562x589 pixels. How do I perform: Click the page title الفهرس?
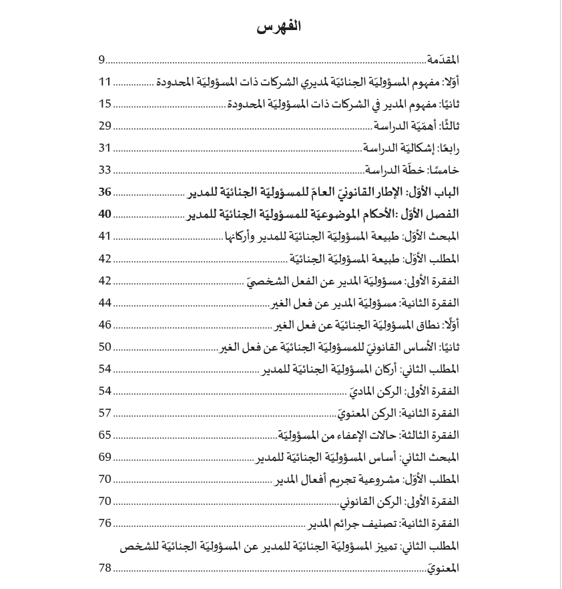coord(279,27)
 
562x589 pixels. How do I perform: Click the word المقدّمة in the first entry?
coord(443,60)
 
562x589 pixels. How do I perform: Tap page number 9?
coord(101,60)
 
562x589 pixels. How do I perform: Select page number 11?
coord(105,82)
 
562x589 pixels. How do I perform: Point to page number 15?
coord(105,104)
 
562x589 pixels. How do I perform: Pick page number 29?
coord(105,126)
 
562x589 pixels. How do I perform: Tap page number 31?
coord(105,148)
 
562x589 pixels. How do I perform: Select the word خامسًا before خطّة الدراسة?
coord(444,170)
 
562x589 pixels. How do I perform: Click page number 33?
coord(105,170)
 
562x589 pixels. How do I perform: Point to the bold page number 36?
coord(105,192)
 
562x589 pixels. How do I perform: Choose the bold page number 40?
coord(105,214)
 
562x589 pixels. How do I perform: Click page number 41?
coord(105,236)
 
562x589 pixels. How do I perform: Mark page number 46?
coord(105,325)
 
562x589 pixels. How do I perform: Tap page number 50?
coord(105,347)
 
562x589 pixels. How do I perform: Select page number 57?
coord(105,413)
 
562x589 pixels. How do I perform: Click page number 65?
coord(105,435)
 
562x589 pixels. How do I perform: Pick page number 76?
coord(105,524)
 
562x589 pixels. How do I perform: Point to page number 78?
coord(105,568)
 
